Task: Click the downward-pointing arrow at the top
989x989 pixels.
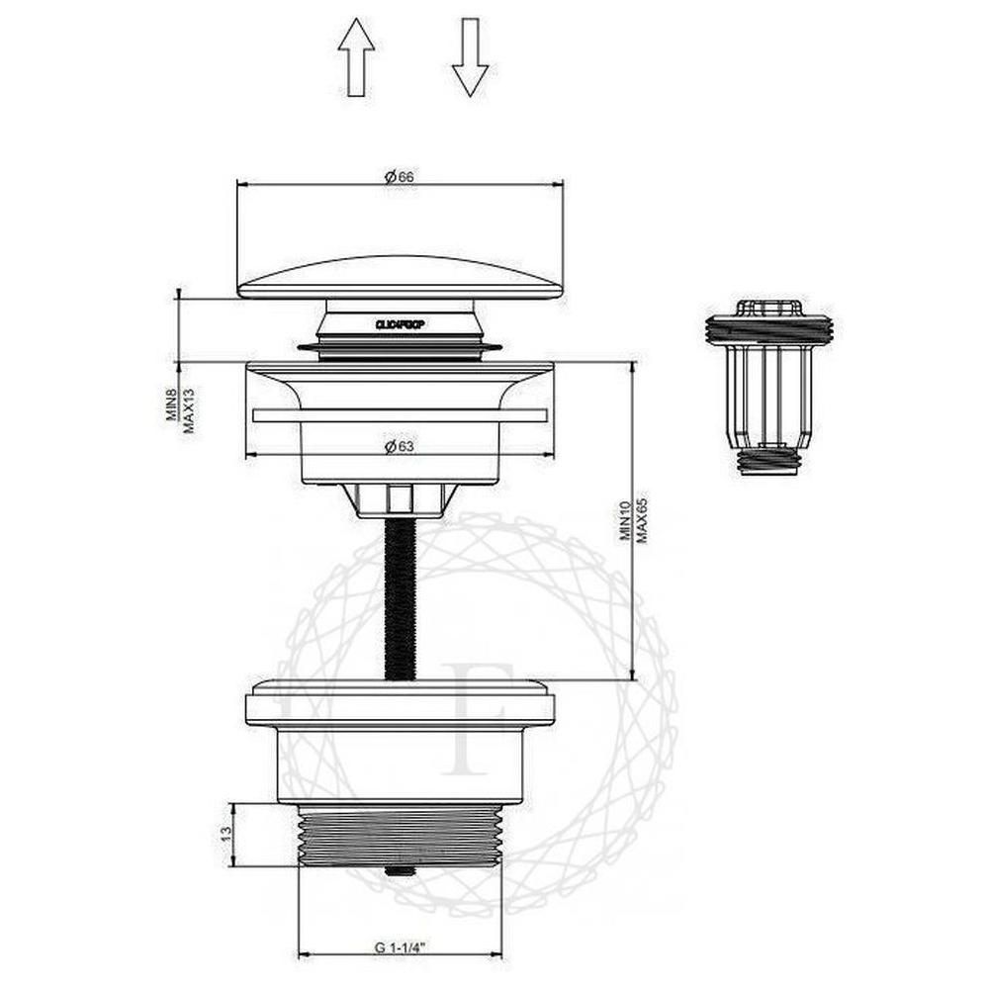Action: coord(470,58)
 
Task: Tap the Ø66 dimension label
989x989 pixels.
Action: coord(400,176)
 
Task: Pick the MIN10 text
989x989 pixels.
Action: coord(624,520)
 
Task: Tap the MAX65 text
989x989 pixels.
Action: coord(642,520)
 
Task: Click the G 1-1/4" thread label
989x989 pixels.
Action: coord(400,946)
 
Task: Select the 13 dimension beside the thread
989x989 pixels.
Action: coord(225,833)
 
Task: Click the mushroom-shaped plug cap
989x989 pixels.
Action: coord(400,277)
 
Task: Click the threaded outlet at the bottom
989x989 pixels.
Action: coord(400,836)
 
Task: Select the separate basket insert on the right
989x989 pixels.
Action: coord(769,386)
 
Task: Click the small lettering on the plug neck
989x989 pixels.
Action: coord(400,323)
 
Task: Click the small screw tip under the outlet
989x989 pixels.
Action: coord(399,871)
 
